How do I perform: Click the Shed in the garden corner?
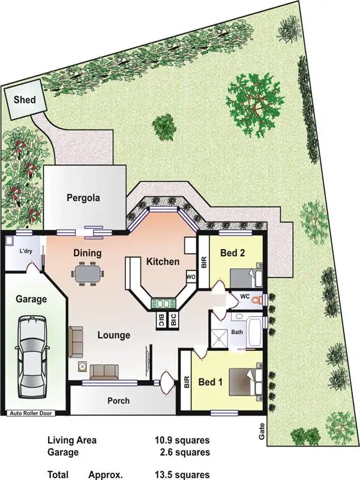[x=25, y=100]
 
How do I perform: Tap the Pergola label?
[x=83, y=197]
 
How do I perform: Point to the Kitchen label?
[x=163, y=262]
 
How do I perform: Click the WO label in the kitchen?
[x=191, y=277]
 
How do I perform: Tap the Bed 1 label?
[x=211, y=382]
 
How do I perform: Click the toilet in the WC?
[x=257, y=298]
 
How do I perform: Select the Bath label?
[x=238, y=331]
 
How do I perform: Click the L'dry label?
[x=26, y=251]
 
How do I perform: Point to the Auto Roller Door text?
[x=35, y=413]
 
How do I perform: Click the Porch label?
[x=118, y=400]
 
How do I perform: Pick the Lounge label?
[x=113, y=335]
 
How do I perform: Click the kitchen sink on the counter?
[x=164, y=303]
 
